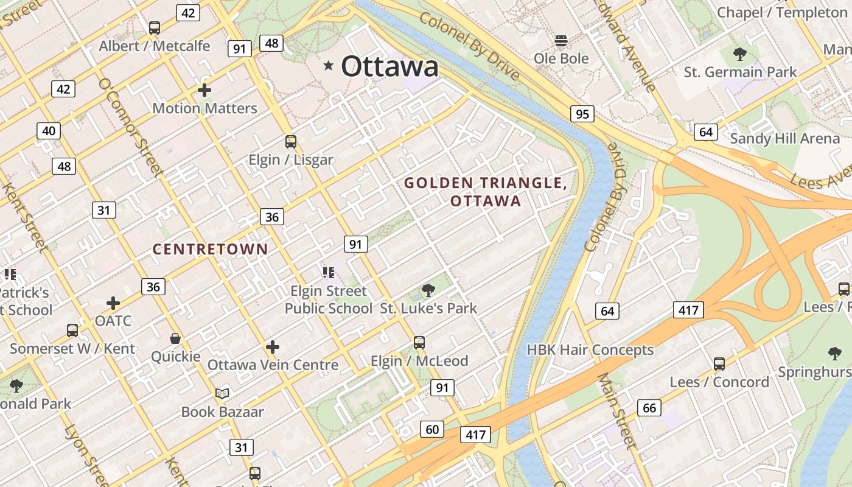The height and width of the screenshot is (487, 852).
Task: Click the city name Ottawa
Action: point(389,66)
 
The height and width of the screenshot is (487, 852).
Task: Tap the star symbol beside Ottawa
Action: point(329,65)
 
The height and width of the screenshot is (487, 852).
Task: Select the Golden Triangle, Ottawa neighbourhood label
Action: point(486,191)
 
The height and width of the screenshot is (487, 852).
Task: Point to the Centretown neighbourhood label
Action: point(210,249)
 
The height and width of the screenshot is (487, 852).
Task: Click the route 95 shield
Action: point(582,114)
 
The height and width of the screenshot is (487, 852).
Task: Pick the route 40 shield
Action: point(49,130)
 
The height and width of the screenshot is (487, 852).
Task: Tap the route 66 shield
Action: point(649,408)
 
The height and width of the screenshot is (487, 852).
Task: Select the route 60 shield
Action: point(432,429)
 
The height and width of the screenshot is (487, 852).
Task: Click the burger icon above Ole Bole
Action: point(561,41)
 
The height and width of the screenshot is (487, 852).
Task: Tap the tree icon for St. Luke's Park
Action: point(428,290)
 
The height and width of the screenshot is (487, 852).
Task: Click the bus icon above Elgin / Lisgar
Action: point(291,142)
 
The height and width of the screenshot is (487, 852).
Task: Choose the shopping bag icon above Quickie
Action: point(175,338)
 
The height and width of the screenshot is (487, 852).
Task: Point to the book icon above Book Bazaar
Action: point(222,394)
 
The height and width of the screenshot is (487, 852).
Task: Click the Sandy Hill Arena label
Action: point(784,138)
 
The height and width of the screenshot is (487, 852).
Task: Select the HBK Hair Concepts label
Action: point(590,350)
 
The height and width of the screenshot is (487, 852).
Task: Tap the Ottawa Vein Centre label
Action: point(273,365)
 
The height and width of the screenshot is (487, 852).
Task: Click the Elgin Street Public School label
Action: point(329,300)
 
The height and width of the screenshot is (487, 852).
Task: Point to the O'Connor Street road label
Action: point(131,128)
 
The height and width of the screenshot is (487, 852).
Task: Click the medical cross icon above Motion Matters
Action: point(204,90)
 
